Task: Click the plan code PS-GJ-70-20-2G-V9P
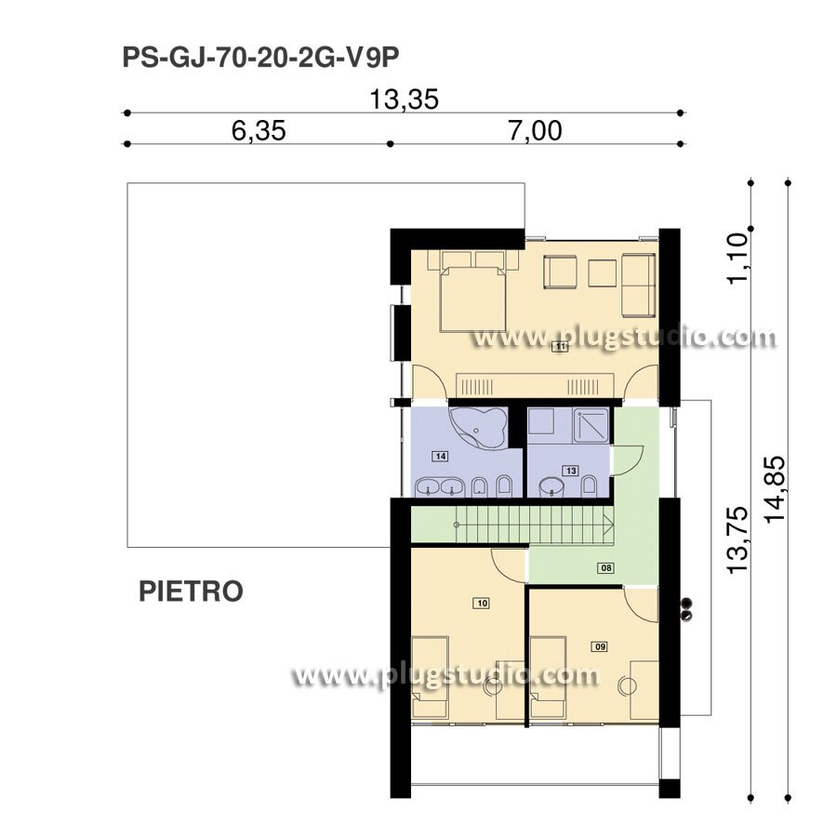(260, 59)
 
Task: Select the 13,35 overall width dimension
(405, 100)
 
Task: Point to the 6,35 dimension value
(259, 131)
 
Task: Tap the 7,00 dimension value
(535, 131)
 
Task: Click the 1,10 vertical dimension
(738, 259)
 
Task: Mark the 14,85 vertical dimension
(775, 489)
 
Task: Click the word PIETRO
(191, 591)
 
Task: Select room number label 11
(561, 347)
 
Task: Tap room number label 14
(441, 456)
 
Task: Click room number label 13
(571, 471)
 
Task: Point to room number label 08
(606, 567)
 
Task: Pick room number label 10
(482, 604)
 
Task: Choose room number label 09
(600, 647)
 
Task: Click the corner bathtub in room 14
(477, 428)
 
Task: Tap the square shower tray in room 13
(591, 425)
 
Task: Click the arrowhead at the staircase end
(608, 525)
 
